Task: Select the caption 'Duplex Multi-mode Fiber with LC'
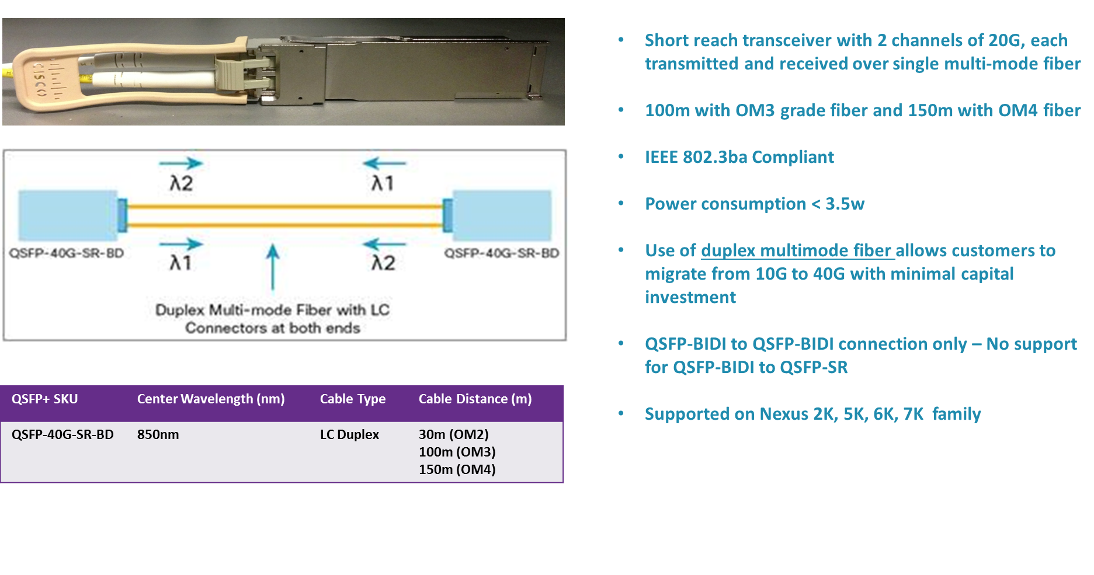(x=272, y=310)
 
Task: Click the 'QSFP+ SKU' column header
(x=45, y=399)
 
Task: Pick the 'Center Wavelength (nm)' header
(x=211, y=399)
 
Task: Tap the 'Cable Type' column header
(x=353, y=399)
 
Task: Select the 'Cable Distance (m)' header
(x=475, y=399)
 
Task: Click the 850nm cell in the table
(x=158, y=435)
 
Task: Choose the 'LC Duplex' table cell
(x=349, y=435)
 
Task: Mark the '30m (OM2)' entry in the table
(x=454, y=435)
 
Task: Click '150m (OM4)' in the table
(x=457, y=470)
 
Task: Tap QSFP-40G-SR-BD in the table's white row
(x=62, y=435)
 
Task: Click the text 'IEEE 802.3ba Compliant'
(x=739, y=158)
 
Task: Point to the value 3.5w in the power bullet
(x=845, y=204)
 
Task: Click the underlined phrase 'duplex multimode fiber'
(x=797, y=251)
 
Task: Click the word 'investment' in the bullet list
(x=690, y=298)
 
